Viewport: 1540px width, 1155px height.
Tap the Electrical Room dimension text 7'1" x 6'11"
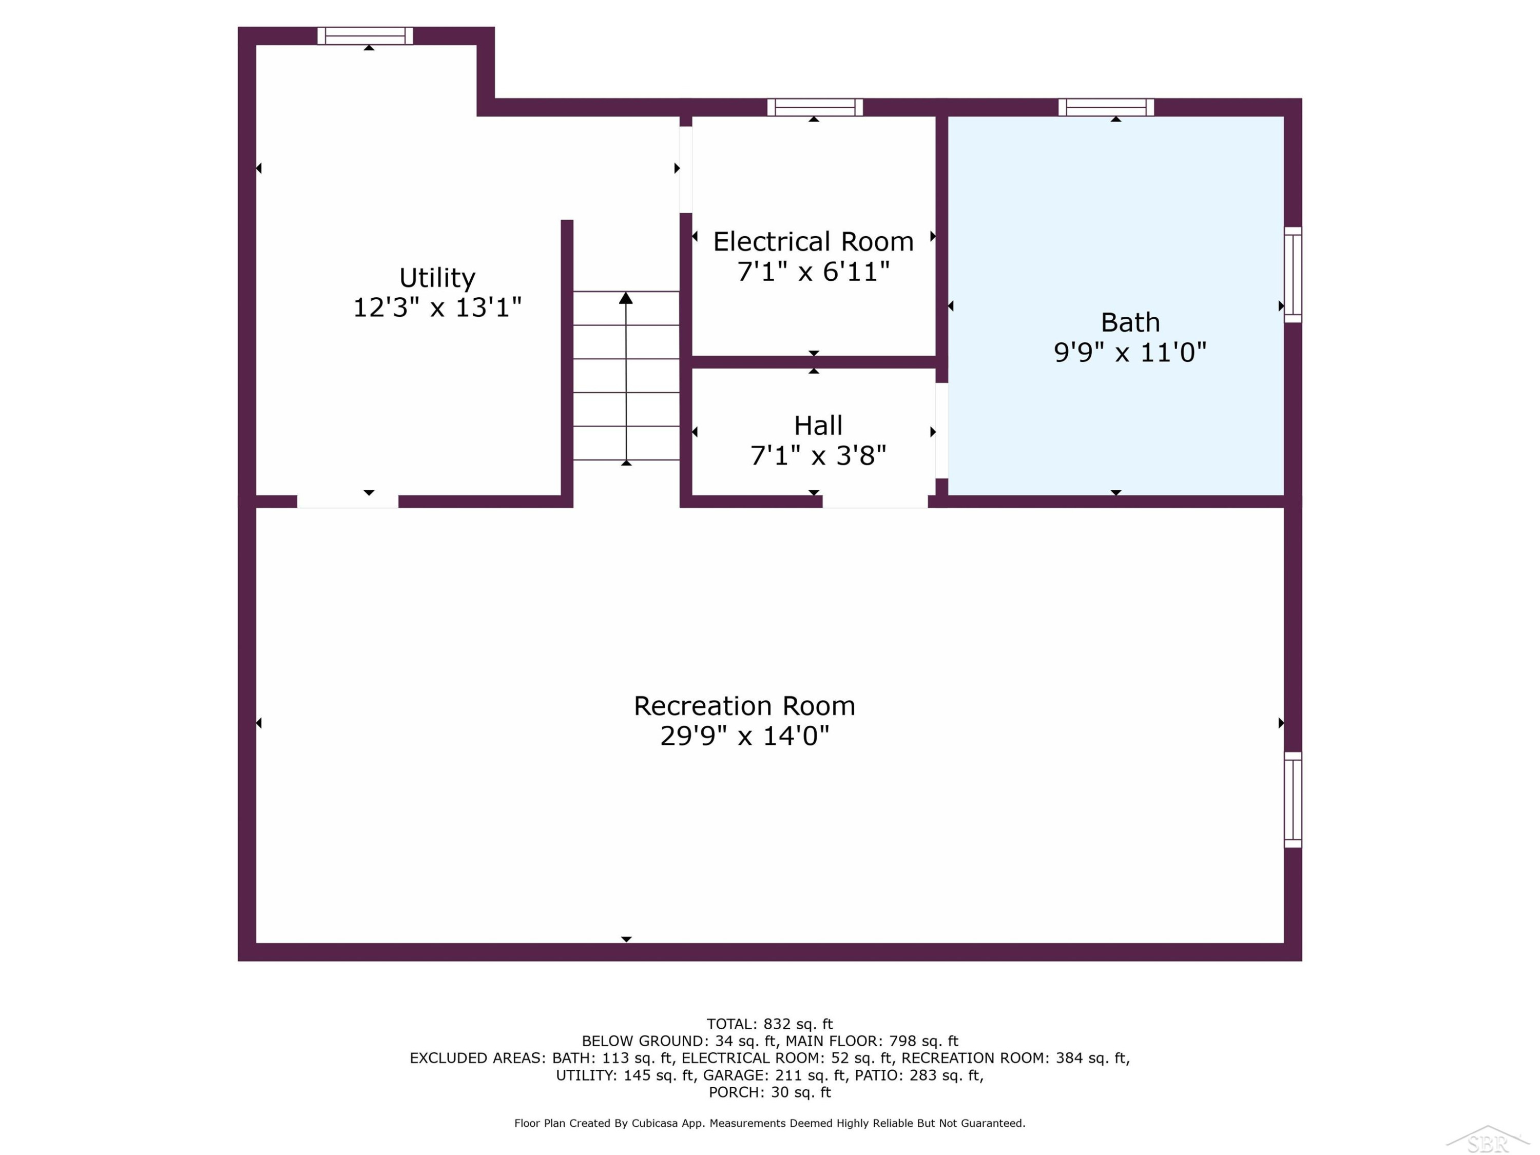tap(813, 272)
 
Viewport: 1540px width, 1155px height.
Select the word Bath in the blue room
tap(1130, 322)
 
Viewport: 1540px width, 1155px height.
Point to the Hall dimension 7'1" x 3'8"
tap(818, 456)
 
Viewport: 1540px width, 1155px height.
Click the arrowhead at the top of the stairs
tap(626, 298)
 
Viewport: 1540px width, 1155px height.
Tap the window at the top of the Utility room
tap(365, 35)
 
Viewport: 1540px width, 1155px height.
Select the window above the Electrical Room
tap(815, 107)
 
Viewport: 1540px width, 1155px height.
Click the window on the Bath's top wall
tap(1106, 107)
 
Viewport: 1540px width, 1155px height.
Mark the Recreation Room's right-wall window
tap(1293, 800)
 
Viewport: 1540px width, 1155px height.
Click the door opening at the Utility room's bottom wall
tap(348, 501)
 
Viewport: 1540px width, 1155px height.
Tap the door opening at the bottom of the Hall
tap(875, 501)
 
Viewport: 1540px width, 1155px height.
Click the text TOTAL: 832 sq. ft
tap(769, 1024)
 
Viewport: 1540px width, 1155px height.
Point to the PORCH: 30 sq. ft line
tap(769, 1092)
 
